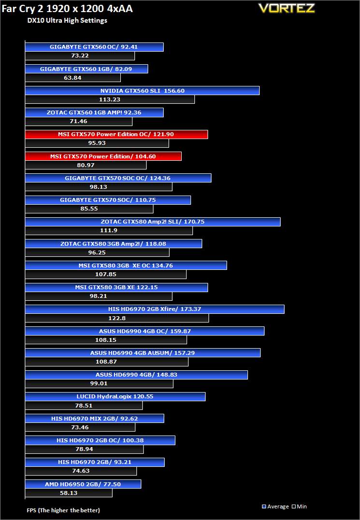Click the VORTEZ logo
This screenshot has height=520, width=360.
coord(286,8)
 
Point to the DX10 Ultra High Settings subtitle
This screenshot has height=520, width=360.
coord(67,21)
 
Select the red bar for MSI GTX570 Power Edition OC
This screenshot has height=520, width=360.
coord(116,134)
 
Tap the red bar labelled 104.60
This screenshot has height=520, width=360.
coord(103,156)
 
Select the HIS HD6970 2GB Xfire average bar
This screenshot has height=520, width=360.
coord(154,309)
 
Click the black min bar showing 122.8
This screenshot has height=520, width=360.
coord(116,318)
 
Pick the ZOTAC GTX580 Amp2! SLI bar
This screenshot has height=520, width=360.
coord(152,222)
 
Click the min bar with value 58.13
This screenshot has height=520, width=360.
coord(68,493)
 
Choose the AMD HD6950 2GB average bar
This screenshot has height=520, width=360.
coord(83,484)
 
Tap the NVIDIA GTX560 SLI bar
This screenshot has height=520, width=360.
coord(142,91)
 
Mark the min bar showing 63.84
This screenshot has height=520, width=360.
coord(72,78)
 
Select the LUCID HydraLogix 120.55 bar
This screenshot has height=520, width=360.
coord(115,396)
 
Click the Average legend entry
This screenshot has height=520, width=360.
coord(275,506)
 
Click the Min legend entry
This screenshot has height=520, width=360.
coord(300,506)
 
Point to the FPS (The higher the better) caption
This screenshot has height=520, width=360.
coord(63,510)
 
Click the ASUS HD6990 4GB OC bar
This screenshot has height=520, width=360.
coord(144,331)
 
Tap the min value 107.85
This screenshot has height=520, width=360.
coord(105,274)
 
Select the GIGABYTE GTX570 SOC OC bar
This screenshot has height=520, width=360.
coord(118,178)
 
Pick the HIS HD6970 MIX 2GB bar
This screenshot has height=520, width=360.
coord(94,418)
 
